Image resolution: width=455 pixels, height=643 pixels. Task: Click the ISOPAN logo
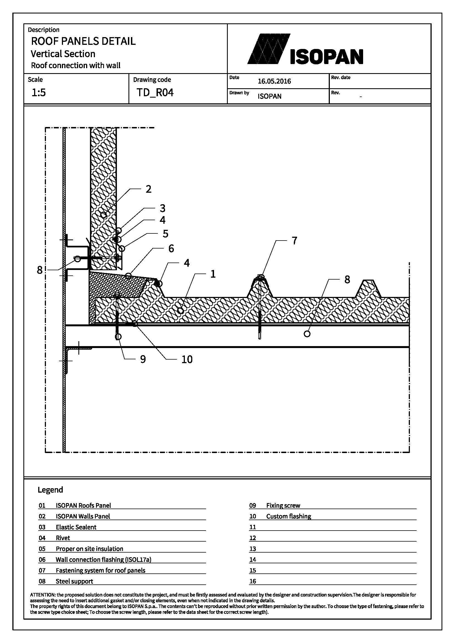click(x=305, y=49)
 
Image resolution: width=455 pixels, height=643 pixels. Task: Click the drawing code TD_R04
click(x=155, y=92)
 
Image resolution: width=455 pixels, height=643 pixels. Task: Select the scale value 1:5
click(x=39, y=92)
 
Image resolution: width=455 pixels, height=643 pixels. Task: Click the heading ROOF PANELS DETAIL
click(x=83, y=41)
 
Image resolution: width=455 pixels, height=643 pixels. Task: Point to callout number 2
click(x=149, y=189)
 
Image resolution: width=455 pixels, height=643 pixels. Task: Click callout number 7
click(x=294, y=240)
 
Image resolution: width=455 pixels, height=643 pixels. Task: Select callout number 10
click(x=187, y=359)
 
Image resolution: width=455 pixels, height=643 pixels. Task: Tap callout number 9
click(x=143, y=359)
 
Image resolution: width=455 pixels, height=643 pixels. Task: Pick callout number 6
click(x=171, y=248)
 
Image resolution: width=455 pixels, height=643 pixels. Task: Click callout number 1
click(x=213, y=274)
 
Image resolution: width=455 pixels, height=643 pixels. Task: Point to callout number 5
click(x=165, y=234)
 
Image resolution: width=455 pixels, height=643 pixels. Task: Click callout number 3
click(x=163, y=208)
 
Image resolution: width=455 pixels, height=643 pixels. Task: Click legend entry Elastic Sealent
click(x=76, y=527)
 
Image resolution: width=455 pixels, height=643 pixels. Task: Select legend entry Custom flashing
click(x=289, y=517)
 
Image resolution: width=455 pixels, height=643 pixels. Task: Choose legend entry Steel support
click(x=74, y=582)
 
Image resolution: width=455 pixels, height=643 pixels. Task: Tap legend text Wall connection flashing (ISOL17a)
click(x=103, y=560)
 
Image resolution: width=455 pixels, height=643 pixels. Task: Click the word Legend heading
click(x=50, y=490)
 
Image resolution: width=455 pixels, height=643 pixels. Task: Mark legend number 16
click(x=253, y=582)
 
